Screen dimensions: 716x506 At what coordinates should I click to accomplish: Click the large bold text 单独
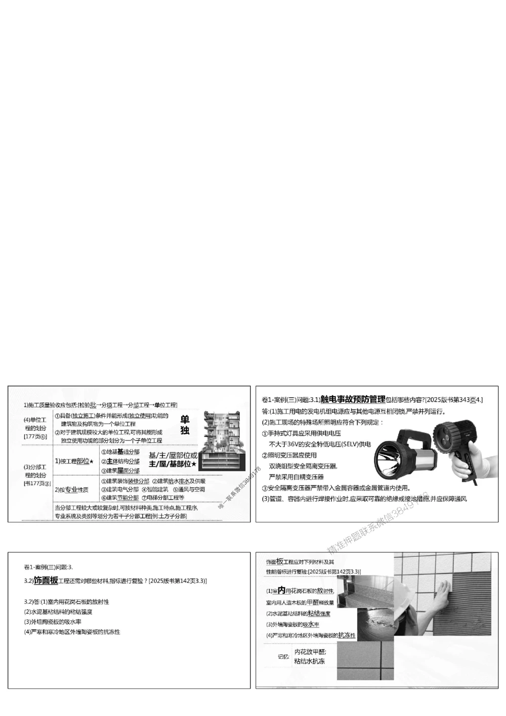(185, 425)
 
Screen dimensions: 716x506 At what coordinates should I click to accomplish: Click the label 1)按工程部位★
(74, 461)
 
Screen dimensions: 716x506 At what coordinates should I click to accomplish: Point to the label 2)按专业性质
(71, 490)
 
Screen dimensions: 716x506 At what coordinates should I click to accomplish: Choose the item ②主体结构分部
(120, 461)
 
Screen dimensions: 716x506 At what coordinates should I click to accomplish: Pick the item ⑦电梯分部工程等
(165, 497)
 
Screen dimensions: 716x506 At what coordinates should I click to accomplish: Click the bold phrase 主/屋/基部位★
(173, 464)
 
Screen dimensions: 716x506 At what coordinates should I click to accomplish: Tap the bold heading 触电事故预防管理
(353, 400)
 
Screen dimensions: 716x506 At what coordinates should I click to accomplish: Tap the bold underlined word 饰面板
(46, 581)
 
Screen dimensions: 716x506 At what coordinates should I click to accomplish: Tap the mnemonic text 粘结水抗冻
(310, 661)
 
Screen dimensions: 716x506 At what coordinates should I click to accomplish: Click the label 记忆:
(283, 657)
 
